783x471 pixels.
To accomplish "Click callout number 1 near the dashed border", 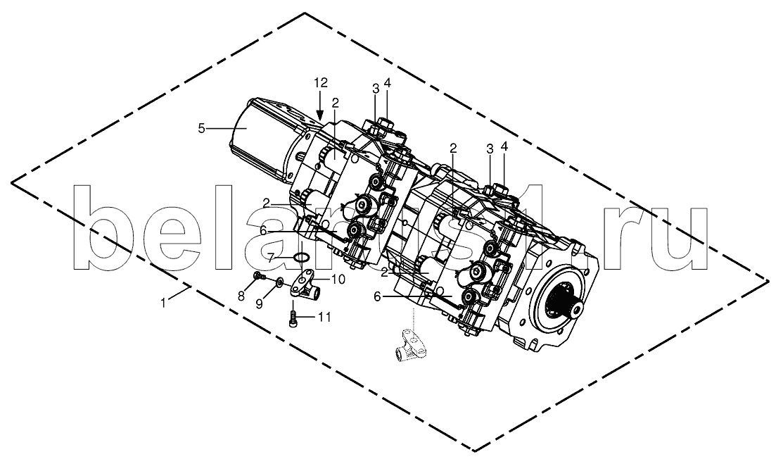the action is click(x=163, y=302).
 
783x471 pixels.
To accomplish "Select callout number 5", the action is click(x=201, y=129).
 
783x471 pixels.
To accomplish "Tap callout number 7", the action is click(x=270, y=258).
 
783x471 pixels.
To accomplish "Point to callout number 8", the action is click(x=241, y=296).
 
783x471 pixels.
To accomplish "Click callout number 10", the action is click(x=338, y=280).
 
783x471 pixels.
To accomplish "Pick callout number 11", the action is click(x=324, y=317).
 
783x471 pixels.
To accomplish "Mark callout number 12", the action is click(x=321, y=83).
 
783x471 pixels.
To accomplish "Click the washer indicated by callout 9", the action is click(x=279, y=284).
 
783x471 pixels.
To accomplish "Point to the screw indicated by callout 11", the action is click(x=294, y=318).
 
